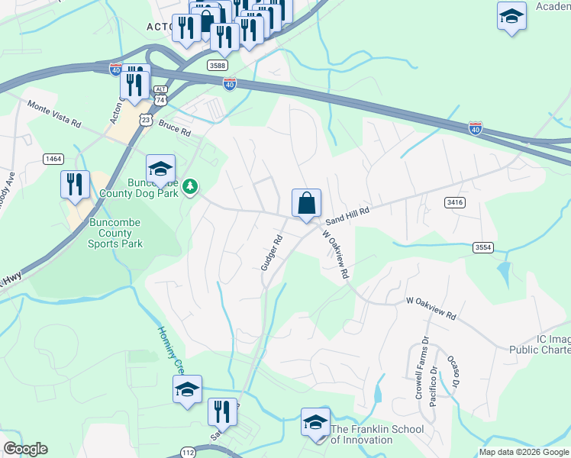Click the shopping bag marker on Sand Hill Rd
pos(306,204)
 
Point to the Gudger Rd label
pos(272,253)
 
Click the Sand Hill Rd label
pos(347,215)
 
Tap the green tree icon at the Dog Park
pos(190,185)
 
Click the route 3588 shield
pos(218,66)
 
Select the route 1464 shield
pos(53,158)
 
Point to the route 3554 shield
pos(482,247)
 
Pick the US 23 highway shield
pos(145,120)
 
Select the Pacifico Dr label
pos(433,386)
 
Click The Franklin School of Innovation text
pos(377,435)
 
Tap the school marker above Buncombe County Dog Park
pos(161,169)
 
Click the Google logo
pos(25,449)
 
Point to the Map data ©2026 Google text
pos(524,452)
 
